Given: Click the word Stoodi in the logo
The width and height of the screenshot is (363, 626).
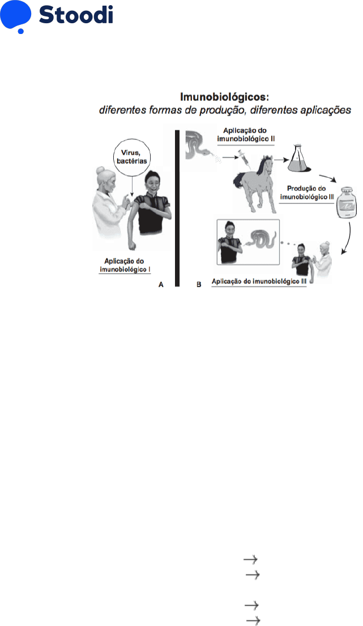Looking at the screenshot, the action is coord(76,15).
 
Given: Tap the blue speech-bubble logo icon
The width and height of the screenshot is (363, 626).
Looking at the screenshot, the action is coord(15,16).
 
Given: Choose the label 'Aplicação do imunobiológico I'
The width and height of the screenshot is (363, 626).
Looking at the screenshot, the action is coord(131,264).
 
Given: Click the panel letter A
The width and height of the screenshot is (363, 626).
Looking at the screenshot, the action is coord(161,284).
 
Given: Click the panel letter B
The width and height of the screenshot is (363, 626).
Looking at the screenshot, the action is coord(199,284).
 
